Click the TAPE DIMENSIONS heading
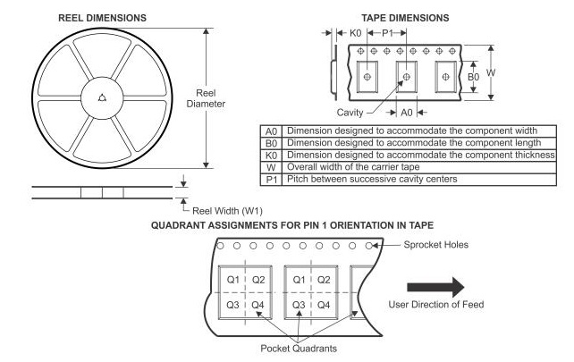click(407, 16)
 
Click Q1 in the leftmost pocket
click(232, 279)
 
